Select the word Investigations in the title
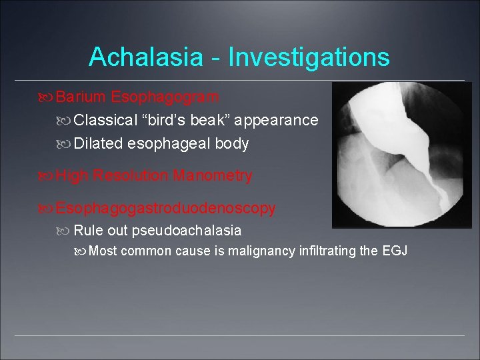[x=309, y=57]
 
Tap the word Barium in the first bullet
[x=81, y=97]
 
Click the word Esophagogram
[x=165, y=97]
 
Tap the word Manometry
[x=212, y=176]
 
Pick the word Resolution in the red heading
[x=131, y=176]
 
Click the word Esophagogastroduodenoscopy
[x=165, y=208]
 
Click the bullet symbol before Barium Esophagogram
[x=45, y=98]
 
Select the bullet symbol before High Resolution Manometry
[x=45, y=177]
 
